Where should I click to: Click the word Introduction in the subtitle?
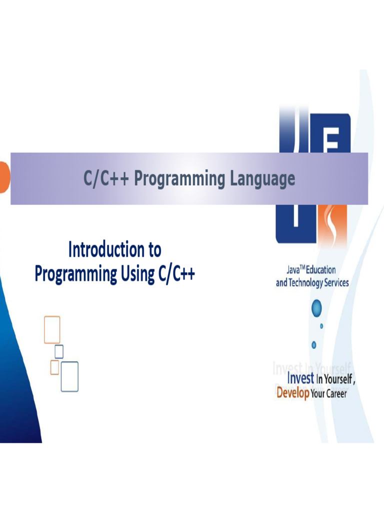[x=100, y=249]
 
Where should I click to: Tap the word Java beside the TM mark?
[x=292, y=270]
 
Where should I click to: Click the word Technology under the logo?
[x=307, y=282]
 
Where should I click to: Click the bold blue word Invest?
[x=300, y=379]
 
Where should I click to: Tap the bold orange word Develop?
[x=292, y=393]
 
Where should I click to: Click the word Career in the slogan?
[x=337, y=393]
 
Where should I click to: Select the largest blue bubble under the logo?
[x=316, y=308]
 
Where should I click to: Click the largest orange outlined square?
[x=52, y=329]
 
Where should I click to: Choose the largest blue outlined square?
[x=69, y=376]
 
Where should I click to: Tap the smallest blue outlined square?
[x=59, y=351]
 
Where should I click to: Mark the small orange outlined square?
[x=54, y=367]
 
